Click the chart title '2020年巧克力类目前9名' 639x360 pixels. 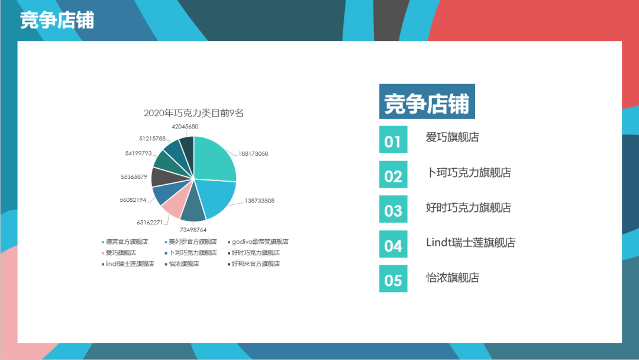coord(193,113)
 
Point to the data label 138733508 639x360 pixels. coord(259,201)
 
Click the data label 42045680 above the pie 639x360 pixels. coord(185,126)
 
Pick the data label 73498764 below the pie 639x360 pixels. coord(193,230)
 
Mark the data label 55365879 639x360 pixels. coord(134,176)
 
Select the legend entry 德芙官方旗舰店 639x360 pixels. coord(125,242)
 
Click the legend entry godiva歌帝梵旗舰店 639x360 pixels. coord(258,242)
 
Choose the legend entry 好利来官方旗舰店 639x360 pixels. coord(253,263)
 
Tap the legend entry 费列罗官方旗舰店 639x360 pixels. coord(191,242)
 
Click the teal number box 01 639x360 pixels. coord(393,139)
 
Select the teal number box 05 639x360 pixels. coord(393,278)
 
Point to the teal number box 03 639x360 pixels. coord(393,209)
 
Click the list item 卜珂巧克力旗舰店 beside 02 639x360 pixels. coord(469,172)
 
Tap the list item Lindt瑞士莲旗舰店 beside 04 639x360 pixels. coord(471,243)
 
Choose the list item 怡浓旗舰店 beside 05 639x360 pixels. coord(453,278)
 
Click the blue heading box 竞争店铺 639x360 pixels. coord(427,101)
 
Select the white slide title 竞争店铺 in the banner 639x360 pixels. coord(57,20)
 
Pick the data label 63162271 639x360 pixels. coord(150,222)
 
